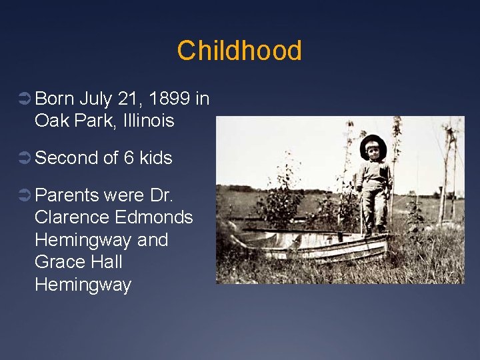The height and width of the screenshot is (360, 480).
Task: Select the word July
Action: coord(95,99)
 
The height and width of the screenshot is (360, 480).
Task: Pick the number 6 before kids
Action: coord(129,158)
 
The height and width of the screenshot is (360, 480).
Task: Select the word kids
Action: coord(156,158)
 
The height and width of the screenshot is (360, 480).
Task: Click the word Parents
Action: coord(67,195)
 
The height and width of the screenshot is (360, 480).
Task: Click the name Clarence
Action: coord(72,217)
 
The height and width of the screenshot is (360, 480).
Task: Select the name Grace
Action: coord(58,262)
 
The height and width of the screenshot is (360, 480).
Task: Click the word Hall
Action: coord(105,262)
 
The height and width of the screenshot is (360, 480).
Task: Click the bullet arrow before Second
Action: coord(23,159)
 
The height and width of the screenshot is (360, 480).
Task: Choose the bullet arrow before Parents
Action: coord(23,196)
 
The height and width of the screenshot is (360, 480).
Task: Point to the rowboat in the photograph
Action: coord(313,245)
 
